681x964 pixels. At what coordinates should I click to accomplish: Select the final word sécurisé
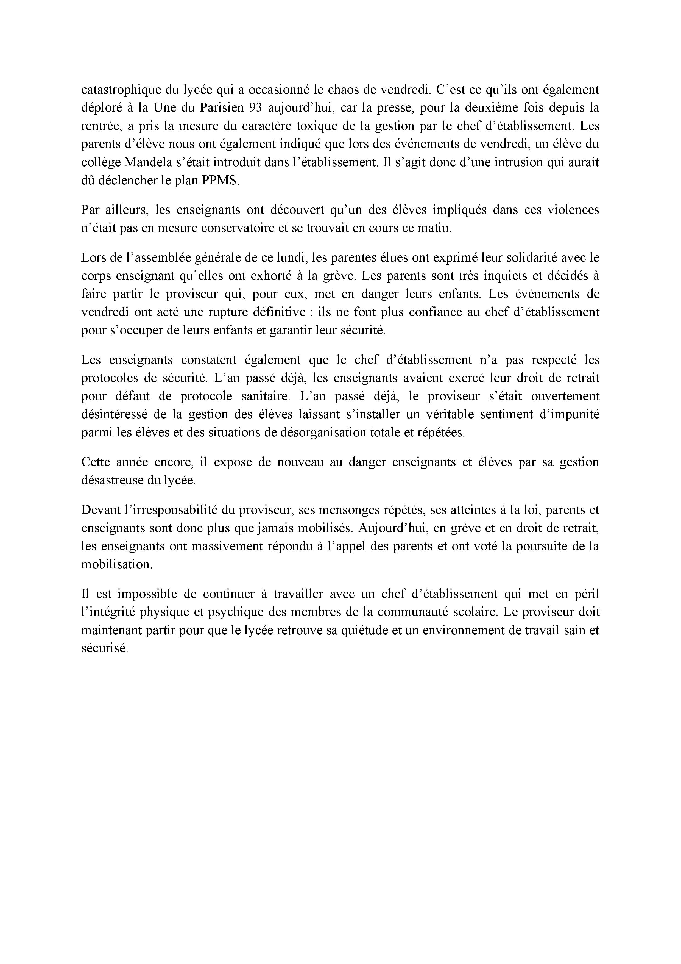click(x=104, y=648)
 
